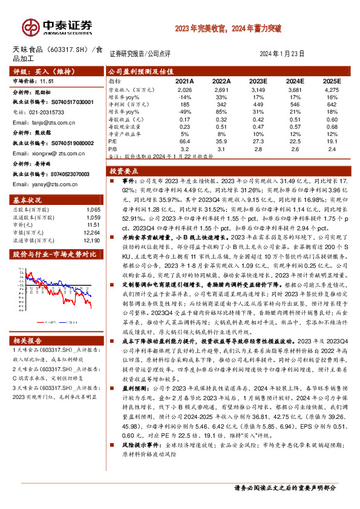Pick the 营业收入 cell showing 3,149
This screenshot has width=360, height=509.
258,89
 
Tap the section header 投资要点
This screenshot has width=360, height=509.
129,171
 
